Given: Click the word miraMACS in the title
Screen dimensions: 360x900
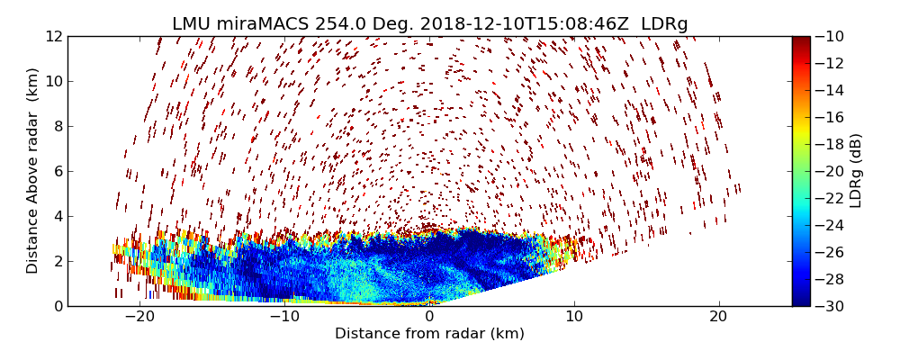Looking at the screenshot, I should point(267,24).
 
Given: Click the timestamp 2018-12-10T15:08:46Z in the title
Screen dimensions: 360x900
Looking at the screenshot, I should point(505,24).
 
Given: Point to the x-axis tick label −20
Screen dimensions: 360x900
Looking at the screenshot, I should point(139,317).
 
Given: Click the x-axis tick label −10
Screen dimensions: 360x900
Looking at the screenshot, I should point(284,317).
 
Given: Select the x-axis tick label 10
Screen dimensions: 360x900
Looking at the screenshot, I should point(574,317).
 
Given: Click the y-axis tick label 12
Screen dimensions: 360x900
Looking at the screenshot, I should point(53,36).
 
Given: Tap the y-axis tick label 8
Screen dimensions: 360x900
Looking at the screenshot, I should point(57,126).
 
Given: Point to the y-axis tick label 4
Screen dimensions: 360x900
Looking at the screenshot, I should point(57,216).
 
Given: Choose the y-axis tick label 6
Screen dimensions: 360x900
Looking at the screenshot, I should point(57,171).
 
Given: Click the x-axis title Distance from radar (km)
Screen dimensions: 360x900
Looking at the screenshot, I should point(429,334).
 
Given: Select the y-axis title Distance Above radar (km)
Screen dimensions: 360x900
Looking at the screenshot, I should point(33,170).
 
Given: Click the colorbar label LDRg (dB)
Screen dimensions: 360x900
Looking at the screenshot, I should point(856,170).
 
